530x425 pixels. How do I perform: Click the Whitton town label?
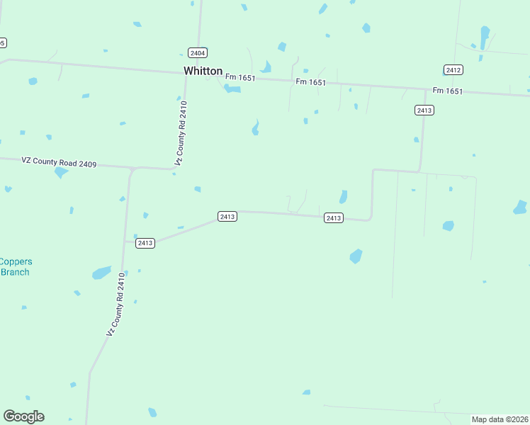[203, 71]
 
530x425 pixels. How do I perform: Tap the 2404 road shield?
[198, 53]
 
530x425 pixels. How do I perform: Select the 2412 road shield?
[453, 69]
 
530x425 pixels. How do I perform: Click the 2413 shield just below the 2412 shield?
[424, 110]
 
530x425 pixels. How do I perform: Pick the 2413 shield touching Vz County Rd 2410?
[145, 243]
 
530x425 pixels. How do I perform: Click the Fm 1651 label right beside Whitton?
[239, 78]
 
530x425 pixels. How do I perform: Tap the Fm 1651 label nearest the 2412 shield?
[448, 91]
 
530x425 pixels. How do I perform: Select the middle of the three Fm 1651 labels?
[311, 83]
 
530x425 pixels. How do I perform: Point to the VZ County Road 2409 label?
[58, 162]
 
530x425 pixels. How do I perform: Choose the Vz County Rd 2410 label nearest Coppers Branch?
[116, 305]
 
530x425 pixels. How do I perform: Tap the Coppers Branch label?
[16, 266]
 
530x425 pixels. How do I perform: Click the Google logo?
[23, 416]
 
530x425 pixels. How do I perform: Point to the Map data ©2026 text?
[500, 419]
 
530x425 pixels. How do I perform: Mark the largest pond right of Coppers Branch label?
[101, 273]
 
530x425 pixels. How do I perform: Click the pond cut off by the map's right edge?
[521, 208]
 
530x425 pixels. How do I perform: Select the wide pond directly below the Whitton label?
[232, 89]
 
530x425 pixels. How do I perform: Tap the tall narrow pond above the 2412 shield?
[485, 37]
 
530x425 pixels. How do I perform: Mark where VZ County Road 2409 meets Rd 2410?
[132, 169]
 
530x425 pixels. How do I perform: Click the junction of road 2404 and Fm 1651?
[187, 72]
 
